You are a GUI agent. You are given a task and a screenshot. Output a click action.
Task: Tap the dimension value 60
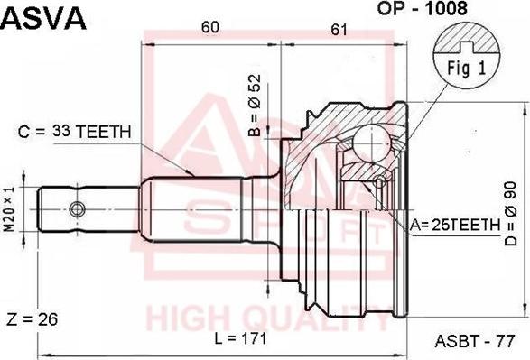[209, 28]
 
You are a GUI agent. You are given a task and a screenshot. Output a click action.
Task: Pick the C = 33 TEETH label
[75, 132]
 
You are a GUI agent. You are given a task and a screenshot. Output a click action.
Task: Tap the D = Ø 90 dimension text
[512, 210]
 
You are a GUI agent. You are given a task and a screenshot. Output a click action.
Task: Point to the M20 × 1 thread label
[10, 208]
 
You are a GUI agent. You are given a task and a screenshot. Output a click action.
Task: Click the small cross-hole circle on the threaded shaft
[77, 209]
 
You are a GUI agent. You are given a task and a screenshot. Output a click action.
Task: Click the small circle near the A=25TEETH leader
[380, 183]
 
